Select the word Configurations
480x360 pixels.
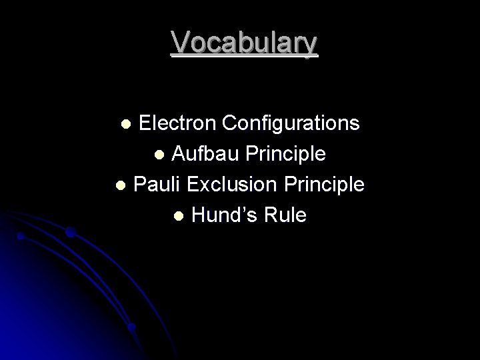click(x=291, y=123)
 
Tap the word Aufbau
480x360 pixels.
click(x=206, y=154)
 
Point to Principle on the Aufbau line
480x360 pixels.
click(x=286, y=154)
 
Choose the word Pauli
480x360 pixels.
click(x=155, y=184)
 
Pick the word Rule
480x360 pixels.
click(x=287, y=215)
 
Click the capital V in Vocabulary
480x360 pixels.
click(x=179, y=43)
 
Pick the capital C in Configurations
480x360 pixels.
click(x=231, y=123)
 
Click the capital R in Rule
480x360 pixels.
click(x=273, y=215)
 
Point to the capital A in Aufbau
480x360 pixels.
click(x=179, y=154)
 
